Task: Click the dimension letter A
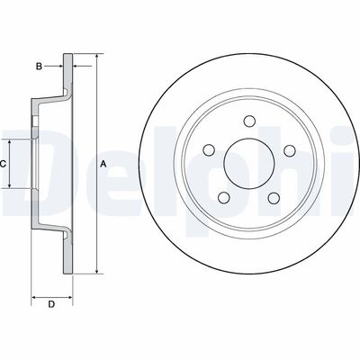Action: (103, 164)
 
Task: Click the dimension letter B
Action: (39, 66)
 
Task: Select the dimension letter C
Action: (3, 164)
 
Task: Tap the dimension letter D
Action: (51, 304)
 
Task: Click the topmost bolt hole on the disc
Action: (249, 121)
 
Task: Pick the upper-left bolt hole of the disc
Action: (209, 150)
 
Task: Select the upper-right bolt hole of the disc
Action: (290, 150)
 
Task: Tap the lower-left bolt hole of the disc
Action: (224, 198)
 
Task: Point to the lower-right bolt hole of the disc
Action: (274, 198)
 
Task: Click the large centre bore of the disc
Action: (249, 164)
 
